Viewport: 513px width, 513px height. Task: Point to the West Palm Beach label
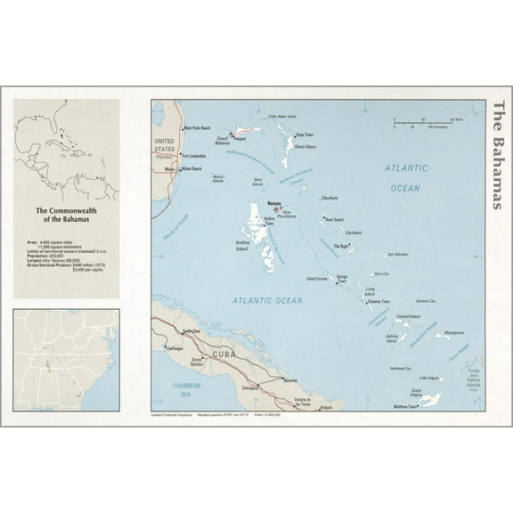pos(198,128)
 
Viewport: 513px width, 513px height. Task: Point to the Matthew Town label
pos(405,406)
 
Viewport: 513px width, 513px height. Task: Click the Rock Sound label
pos(334,218)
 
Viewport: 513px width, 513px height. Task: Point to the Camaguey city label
pos(249,388)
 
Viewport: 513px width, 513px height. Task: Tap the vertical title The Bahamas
pos(498,155)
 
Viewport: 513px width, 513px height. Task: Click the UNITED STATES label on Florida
pos(165,146)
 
